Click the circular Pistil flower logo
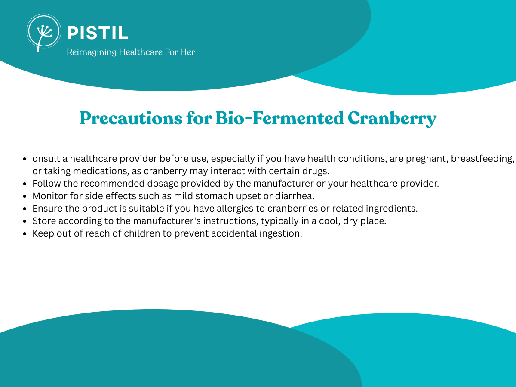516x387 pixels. pos(44,32)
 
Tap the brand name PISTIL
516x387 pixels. pos(98,33)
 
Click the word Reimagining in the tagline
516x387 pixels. pos(92,52)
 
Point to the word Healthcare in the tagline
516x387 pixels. pos(141,52)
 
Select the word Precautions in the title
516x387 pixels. pos(131,118)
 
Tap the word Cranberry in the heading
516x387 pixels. pos(392,119)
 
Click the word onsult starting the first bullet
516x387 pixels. pos(46,159)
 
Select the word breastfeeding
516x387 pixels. pos(482,159)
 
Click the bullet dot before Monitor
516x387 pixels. pos(25,196)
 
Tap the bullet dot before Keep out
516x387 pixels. pos(25,233)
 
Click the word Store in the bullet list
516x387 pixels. pos(44,221)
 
